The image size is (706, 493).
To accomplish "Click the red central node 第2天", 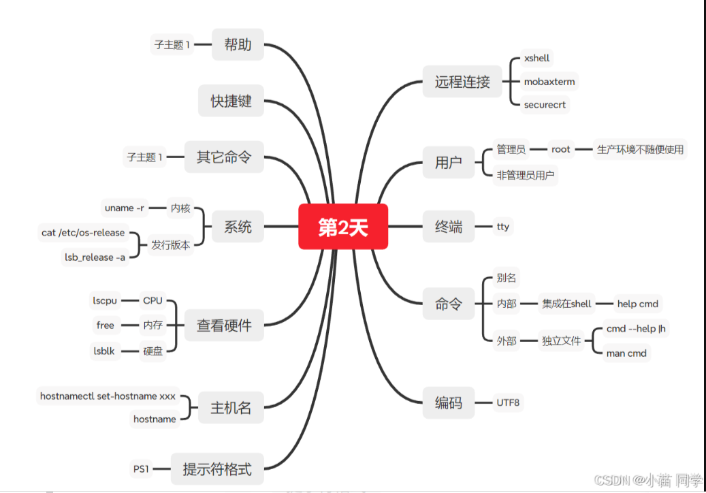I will click(x=343, y=227).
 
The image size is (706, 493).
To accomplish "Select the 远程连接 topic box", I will click(x=462, y=82).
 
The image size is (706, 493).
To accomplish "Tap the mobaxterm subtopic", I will click(x=549, y=82).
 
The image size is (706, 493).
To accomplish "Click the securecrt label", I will click(x=545, y=105).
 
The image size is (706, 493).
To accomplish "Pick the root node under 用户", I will click(x=561, y=149).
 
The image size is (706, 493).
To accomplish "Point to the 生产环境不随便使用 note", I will click(x=640, y=149).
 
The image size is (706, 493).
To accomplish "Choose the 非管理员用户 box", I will click(x=526, y=175).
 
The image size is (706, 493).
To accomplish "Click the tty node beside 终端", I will click(x=503, y=227).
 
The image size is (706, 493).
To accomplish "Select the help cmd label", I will click(x=637, y=304).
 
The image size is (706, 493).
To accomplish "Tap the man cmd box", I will click(x=626, y=353).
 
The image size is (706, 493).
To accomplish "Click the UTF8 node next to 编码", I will click(x=508, y=402).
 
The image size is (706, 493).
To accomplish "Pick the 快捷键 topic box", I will click(x=231, y=101).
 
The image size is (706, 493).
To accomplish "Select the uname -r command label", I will click(x=125, y=208).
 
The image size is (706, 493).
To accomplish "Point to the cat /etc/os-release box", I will click(x=83, y=233).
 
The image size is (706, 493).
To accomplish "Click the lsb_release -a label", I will click(x=95, y=257).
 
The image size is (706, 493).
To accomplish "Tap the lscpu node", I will click(x=106, y=300).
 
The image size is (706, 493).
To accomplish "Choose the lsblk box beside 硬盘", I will click(x=105, y=351).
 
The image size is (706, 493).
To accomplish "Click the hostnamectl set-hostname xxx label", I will click(x=108, y=396).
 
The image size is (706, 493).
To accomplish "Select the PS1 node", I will click(x=141, y=468).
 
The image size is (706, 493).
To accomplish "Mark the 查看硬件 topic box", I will click(x=224, y=325).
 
